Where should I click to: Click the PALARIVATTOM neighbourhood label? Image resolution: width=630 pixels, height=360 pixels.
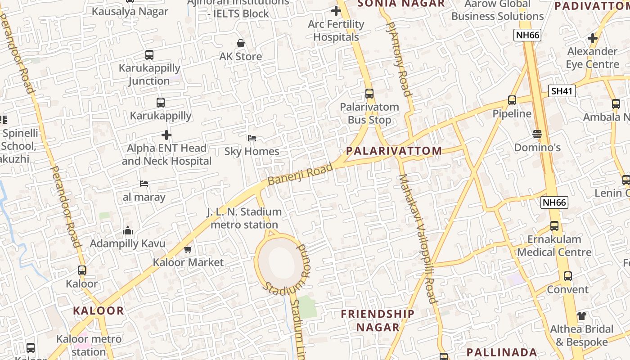[394, 151]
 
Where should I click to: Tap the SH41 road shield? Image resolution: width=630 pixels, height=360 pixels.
[562, 91]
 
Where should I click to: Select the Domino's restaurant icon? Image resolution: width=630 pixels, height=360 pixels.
[537, 134]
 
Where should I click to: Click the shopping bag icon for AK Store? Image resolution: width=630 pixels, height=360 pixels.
[241, 43]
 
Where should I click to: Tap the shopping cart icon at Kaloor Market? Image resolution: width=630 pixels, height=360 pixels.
[188, 249]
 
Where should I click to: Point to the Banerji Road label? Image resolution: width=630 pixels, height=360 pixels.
[300, 174]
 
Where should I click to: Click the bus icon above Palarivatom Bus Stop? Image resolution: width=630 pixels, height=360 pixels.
[369, 94]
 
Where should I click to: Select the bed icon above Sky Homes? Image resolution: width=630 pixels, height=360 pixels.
[252, 138]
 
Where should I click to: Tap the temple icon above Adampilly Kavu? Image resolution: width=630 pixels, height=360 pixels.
[128, 231]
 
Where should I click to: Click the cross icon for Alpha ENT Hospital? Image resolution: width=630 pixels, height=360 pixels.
[166, 135]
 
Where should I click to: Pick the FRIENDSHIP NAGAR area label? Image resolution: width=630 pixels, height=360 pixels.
[378, 320]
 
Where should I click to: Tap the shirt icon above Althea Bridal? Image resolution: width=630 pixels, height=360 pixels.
[582, 316]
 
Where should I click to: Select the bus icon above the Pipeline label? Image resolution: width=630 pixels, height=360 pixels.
[512, 100]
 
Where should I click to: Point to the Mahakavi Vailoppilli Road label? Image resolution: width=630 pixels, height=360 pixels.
[418, 238]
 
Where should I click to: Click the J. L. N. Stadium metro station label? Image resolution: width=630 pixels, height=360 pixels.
[244, 218]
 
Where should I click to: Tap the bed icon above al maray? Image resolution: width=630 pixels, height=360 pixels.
[144, 184]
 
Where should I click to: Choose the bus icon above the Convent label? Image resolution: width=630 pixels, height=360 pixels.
[568, 276]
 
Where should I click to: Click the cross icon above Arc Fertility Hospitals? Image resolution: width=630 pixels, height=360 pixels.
[336, 11]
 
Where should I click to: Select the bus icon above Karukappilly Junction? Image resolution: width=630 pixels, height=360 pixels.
[149, 55]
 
